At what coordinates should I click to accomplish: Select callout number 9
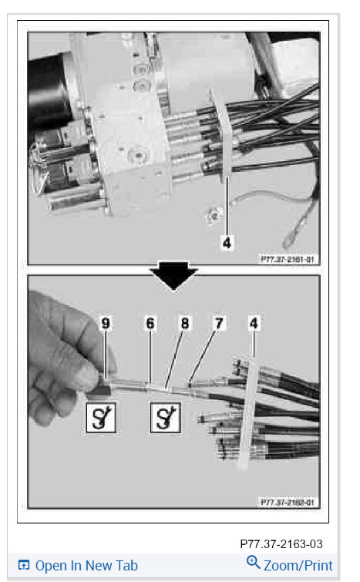pyautogui.click(x=106, y=325)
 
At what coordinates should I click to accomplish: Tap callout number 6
pyautogui.click(x=150, y=325)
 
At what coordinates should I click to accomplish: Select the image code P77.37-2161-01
pyautogui.click(x=288, y=259)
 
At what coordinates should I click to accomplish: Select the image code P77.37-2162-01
pyautogui.click(x=288, y=502)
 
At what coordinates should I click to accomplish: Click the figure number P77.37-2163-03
pyautogui.click(x=282, y=544)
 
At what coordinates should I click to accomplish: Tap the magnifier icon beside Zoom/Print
pyautogui.click(x=253, y=563)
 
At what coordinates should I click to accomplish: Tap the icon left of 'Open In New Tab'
pyautogui.click(x=23, y=566)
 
